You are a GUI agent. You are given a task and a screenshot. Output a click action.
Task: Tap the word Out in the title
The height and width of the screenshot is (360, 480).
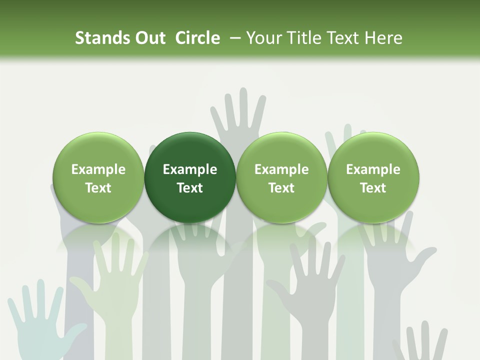point(148,38)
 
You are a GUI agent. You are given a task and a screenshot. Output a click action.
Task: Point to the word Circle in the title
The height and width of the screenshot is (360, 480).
point(197,38)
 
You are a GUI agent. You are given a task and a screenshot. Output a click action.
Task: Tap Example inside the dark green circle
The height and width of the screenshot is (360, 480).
point(190,169)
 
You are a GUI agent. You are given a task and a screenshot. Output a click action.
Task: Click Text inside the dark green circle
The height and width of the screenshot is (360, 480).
point(190,188)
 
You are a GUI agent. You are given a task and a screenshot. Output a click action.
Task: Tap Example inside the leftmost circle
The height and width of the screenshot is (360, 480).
point(98,169)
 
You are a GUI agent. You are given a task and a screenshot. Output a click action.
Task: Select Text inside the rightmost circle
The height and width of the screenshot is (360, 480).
point(373,188)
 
